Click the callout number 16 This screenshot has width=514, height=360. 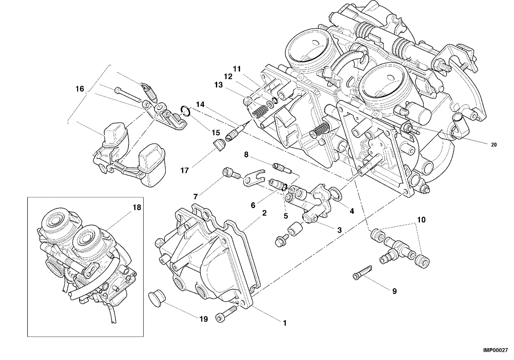80,89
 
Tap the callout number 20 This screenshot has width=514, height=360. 493,145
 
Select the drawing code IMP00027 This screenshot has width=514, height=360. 495,350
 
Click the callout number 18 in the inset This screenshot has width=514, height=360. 137,208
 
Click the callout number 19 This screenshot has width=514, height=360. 204,319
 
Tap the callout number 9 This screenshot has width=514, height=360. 394,291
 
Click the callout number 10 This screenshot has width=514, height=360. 421,220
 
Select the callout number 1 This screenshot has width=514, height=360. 285,323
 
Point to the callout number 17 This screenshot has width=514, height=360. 185,170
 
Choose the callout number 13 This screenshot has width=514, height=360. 218,85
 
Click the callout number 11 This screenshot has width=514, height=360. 237,69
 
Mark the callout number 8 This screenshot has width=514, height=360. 246,155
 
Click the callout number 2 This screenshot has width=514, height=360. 264,213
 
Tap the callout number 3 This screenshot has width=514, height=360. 339,230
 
